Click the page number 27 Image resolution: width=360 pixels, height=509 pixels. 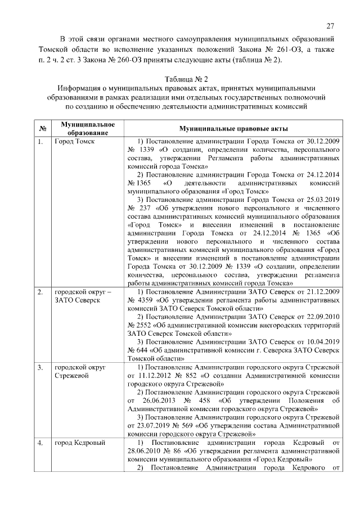[330, 25]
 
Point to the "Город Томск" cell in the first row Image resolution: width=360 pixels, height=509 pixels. [74, 141]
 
